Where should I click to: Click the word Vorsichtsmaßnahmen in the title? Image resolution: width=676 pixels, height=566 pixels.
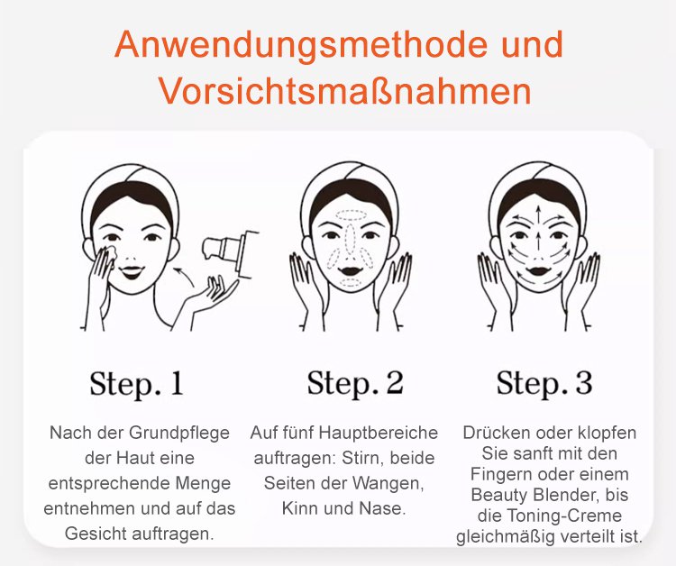click(345, 91)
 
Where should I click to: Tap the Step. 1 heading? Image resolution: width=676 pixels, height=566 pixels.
click(137, 383)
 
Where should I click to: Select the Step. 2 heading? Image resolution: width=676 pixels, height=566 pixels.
click(355, 383)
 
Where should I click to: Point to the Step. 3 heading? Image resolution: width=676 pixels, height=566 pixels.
click(544, 383)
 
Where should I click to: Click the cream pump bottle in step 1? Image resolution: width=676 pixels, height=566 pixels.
click(231, 250)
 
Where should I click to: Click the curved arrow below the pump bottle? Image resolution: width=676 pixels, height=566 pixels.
click(185, 275)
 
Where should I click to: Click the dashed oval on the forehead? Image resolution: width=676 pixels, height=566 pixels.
click(352, 215)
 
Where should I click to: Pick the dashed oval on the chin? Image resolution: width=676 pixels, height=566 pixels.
click(351, 283)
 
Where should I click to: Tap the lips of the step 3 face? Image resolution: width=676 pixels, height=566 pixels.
click(538, 271)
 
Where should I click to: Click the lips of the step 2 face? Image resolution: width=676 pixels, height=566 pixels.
click(351, 270)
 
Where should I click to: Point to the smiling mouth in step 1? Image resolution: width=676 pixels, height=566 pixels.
click(132, 272)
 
